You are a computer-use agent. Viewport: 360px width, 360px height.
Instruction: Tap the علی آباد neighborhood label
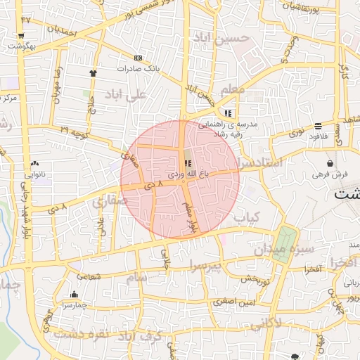tap(126, 94)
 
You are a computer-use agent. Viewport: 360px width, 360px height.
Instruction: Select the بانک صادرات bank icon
tap(137, 58)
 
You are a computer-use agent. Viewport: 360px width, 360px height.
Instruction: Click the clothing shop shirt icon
tap(93, 72)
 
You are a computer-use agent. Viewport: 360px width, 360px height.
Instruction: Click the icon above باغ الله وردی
tap(187, 162)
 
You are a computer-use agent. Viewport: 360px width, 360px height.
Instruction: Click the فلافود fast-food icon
tap(319, 126)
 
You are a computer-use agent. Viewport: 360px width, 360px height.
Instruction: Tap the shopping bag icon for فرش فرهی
tap(330, 163)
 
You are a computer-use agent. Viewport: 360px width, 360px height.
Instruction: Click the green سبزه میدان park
tap(283, 245)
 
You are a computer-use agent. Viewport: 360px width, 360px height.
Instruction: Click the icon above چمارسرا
tap(74, 295)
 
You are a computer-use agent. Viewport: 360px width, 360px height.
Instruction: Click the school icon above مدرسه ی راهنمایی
tap(228, 112)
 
